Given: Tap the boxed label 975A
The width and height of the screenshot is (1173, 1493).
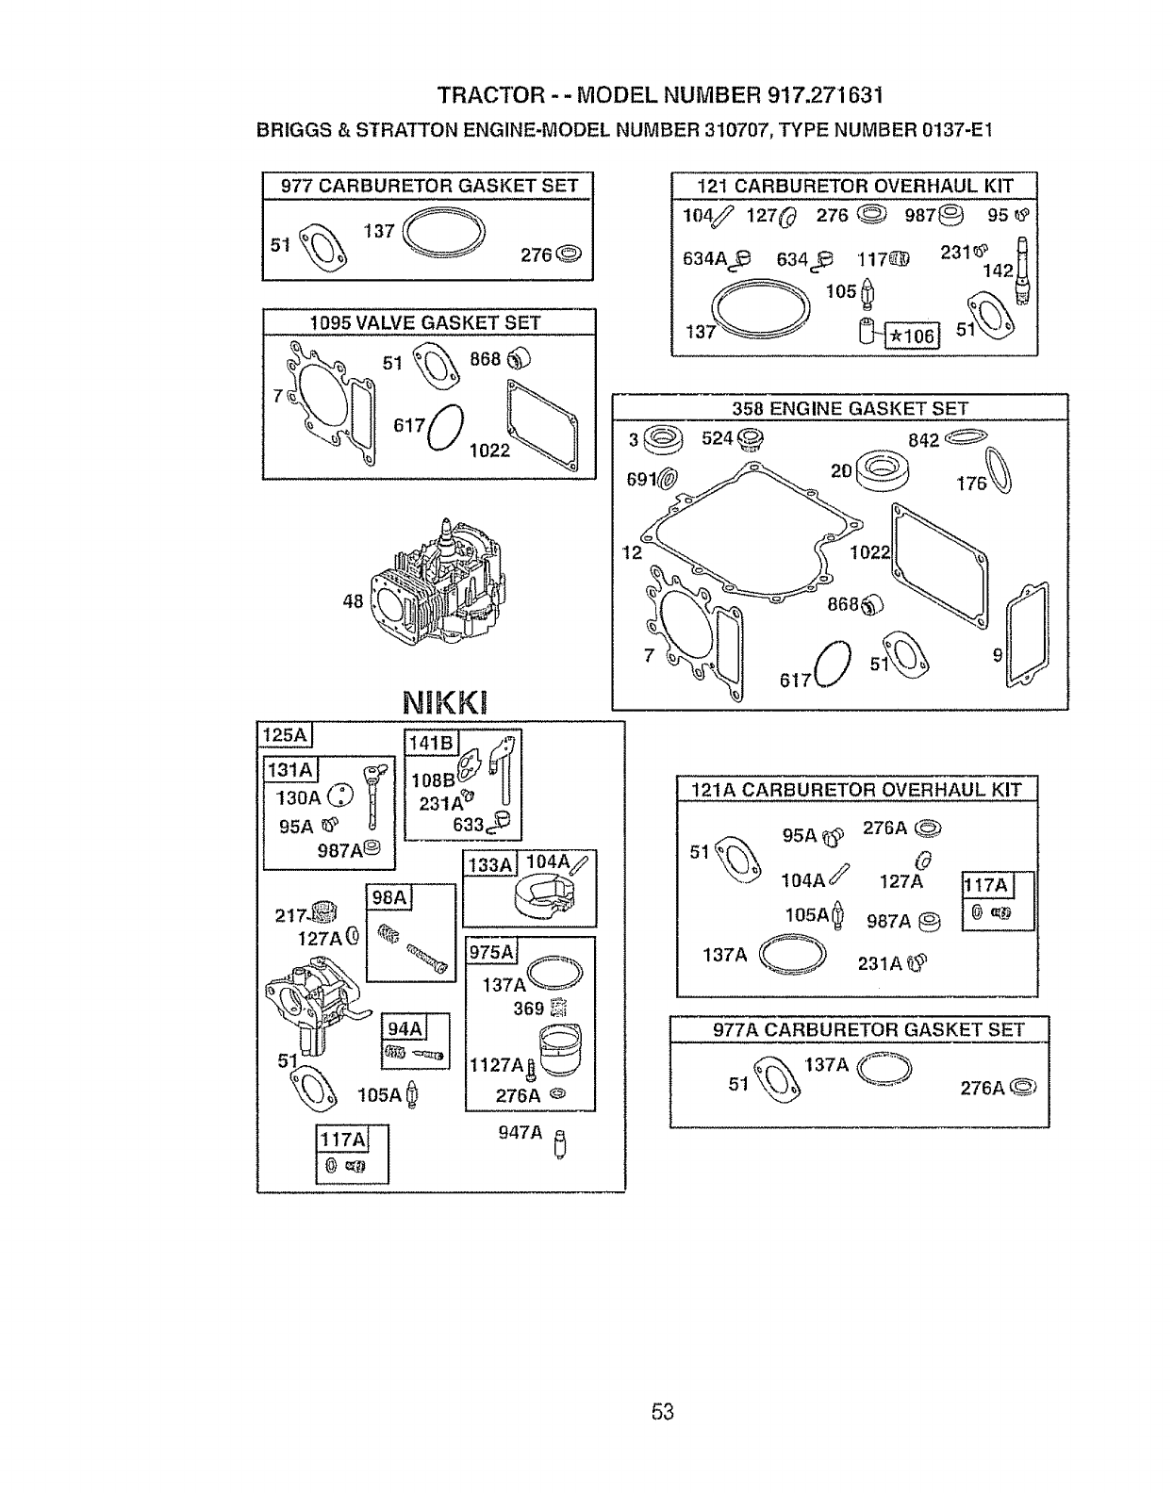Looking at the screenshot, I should (x=491, y=952).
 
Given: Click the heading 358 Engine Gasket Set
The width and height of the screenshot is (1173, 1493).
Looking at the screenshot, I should (x=850, y=408).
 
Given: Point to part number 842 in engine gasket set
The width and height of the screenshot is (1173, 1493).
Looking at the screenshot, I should (x=923, y=440).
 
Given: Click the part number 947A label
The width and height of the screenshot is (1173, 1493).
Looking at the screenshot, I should (x=520, y=1133).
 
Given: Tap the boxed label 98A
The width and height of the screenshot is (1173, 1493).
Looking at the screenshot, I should (x=389, y=897).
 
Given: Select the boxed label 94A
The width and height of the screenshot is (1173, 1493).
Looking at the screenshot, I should (x=404, y=1026).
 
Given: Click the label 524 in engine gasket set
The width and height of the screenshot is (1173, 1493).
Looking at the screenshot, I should (x=717, y=438).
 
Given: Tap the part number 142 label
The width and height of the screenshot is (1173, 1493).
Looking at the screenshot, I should (x=998, y=271).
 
